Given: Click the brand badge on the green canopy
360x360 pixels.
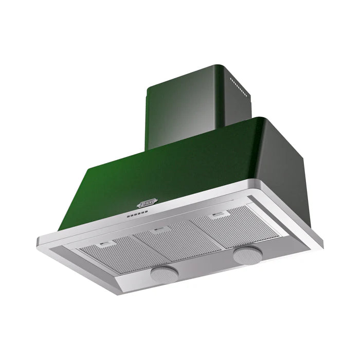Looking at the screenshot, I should [147, 204].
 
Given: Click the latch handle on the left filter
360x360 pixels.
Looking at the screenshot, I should [107, 244].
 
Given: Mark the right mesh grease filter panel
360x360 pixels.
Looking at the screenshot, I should [231, 226].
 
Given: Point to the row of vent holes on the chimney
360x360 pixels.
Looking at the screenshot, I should [240, 87].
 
